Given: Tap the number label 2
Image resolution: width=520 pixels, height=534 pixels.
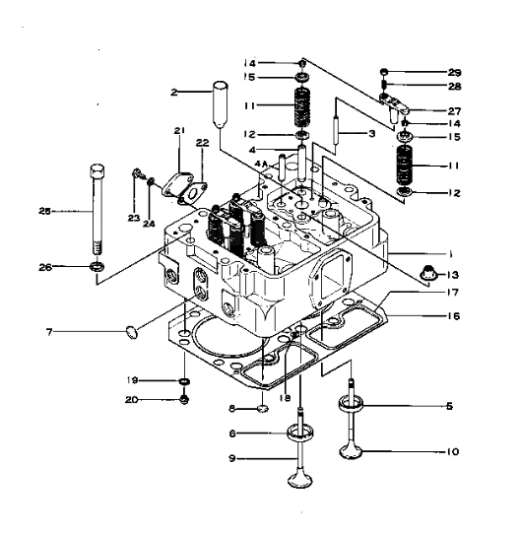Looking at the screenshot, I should (173, 93).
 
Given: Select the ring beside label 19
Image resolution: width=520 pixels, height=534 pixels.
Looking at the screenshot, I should (184, 380).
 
